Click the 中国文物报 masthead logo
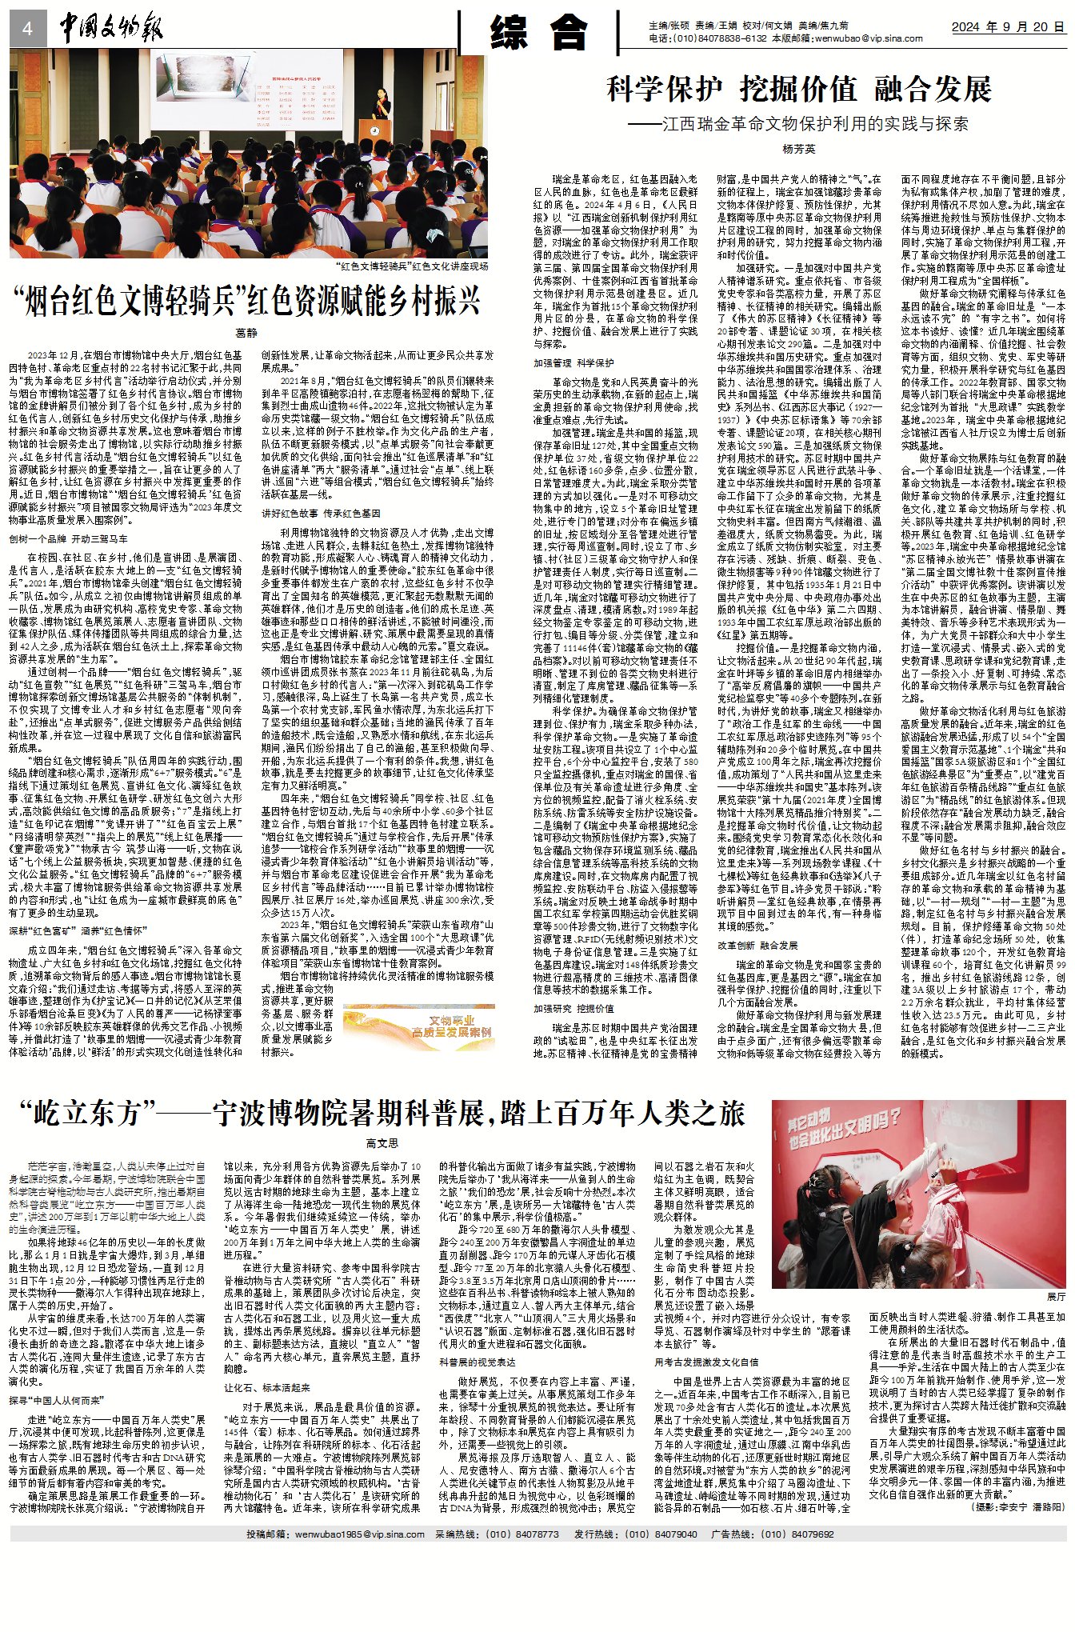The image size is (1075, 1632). pyautogui.click(x=110, y=29)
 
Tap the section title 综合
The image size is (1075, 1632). pyautogui.click(x=538, y=31)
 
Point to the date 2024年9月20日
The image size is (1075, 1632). pyautogui.click(x=1008, y=27)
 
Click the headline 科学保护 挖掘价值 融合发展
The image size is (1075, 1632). pyautogui.click(x=798, y=89)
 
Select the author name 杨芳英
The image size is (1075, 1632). pyautogui.click(x=798, y=149)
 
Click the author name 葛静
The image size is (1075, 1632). pyautogui.click(x=247, y=333)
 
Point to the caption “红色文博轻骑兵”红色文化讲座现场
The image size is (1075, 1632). pyautogui.click(x=411, y=266)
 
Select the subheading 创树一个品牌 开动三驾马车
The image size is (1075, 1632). pyautogui.click(x=69, y=539)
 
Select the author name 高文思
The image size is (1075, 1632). pyautogui.click(x=382, y=1143)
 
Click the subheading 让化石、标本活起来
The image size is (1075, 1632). pyautogui.click(x=267, y=1388)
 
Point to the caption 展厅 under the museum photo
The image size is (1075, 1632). pyautogui.click(x=1055, y=1296)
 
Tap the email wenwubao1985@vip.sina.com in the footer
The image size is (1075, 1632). pyautogui.click(x=358, y=1534)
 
